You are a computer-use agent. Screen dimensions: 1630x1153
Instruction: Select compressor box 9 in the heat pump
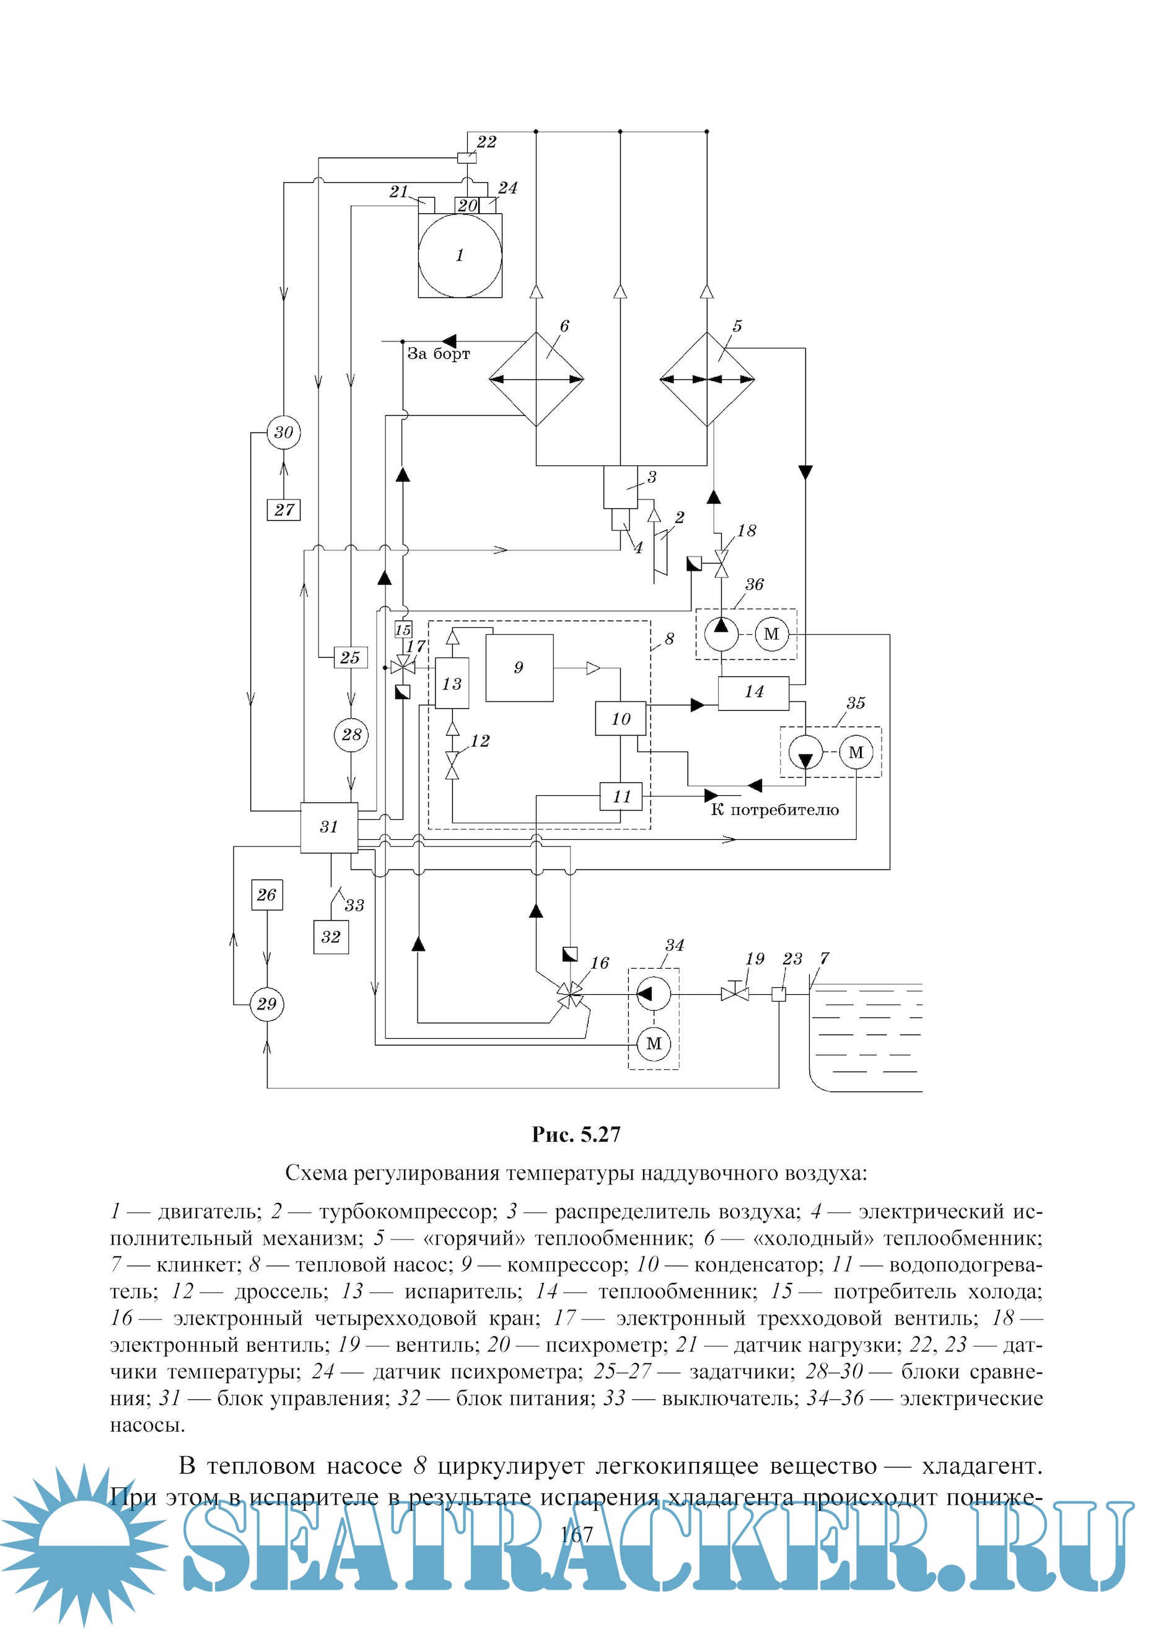coord(519,667)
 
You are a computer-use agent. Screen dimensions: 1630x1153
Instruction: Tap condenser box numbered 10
coord(621,719)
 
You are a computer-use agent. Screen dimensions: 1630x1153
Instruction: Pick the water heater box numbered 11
coord(621,796)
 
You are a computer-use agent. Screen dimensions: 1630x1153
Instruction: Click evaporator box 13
coord(452,683)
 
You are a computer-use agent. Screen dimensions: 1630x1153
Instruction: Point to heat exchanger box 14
coord(753,692)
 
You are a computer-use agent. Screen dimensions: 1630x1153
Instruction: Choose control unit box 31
coord(329,827)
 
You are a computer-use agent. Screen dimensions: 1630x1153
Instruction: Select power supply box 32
coord(331,937)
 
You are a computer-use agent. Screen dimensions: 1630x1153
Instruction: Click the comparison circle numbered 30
coord(283,432)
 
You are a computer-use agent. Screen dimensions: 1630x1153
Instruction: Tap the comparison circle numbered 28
coord(351,734)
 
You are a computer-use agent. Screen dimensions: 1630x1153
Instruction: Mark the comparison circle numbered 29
coord(267,1003)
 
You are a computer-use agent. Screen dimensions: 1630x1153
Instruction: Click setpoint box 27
coord(284,509)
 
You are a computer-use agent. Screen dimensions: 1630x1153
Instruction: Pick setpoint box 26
coord(267,895)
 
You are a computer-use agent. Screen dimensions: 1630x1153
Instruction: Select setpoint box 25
coord(350,658)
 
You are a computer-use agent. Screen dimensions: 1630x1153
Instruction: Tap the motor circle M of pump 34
coord(654,1043)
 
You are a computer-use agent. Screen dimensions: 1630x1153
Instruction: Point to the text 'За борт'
coord(438,354)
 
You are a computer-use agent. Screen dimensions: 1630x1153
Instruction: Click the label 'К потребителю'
coord(774,811)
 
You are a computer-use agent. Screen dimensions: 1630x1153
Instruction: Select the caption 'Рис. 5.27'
coord(576,1135)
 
